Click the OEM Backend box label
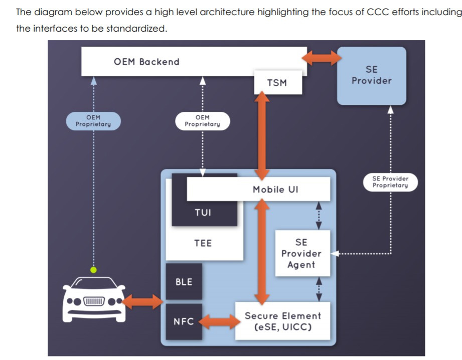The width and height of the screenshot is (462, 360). [x=146, y=62]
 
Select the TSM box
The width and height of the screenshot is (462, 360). [x=277, y=83]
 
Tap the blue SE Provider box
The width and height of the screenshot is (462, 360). [x=371, y=75]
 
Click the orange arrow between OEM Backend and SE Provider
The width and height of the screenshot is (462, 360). [x=322, y=58]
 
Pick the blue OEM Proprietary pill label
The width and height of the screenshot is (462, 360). [x=93, y=121]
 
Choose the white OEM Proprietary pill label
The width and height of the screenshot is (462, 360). [x=202, y=121]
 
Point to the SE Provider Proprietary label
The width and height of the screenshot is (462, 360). [x=390, y=182]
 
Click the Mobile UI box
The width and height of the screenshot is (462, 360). [x=275, y=190]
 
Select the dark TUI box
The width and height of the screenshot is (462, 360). [x=203, y=213]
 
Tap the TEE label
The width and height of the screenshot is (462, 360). [x=203, y=243]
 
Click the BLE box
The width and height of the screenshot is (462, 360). [x=184, y=282]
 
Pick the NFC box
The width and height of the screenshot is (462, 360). [x=184, y=321]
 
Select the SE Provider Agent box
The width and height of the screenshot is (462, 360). [x=301, y=253]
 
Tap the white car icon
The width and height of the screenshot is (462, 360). [x=94, y=301]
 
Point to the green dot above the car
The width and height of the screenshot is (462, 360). [x=93, y=270]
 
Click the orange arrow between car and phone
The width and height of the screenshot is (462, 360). [x=142, y=302]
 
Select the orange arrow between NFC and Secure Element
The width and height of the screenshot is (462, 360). [x=219, y=321]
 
